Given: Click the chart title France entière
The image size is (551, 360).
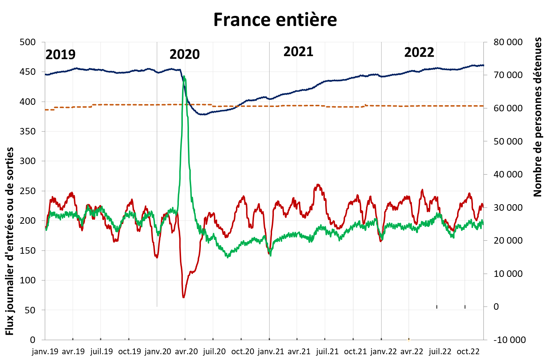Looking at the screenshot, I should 275,20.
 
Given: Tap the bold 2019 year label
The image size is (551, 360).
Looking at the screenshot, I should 60,55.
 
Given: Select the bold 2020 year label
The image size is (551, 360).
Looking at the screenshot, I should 184,55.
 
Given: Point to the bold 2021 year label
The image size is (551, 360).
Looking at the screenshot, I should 298,52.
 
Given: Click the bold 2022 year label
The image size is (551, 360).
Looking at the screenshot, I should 419,53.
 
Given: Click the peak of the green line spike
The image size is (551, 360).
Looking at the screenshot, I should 184,76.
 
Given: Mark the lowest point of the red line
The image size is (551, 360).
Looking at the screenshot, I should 184,297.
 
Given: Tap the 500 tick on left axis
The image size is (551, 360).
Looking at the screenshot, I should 27,42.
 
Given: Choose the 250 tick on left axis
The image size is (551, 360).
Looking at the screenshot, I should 27,191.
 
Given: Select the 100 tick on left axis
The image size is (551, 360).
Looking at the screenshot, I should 27,280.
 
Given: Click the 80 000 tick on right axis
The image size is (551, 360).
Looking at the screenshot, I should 508,42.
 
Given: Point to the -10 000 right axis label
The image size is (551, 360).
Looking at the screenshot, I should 509,340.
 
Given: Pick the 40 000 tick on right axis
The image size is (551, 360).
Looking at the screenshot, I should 508,175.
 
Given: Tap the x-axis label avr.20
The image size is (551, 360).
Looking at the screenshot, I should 186,352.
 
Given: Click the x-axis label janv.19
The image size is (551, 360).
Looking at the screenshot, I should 45,352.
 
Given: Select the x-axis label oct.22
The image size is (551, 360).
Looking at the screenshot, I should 468,352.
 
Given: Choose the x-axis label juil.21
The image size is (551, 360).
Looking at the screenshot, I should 327,352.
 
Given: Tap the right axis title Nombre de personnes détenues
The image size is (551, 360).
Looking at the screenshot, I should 538,117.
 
